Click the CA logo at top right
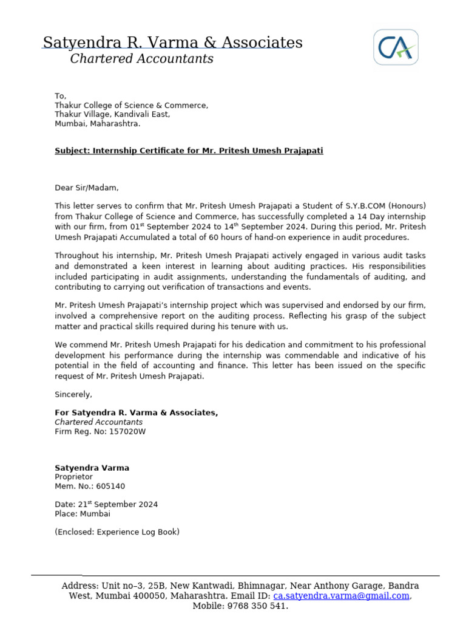click(396, 47)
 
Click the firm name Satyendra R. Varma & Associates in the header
click(172, 43)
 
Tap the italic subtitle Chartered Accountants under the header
click(141, 59)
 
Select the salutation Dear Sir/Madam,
click(87, 188)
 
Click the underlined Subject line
click(189, 151)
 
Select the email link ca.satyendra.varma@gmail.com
click(341, 596)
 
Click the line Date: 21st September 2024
click(106, 504)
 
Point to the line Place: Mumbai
click(83, 513)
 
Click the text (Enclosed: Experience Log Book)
click(117, 532)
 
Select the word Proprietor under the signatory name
click(75, 477)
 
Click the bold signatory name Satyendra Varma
click(92, 468)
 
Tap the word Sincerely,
click(73, 394)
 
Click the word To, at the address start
click(60, 96)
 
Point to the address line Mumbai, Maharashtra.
click(97, 123)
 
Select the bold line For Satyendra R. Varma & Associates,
click(136, 412)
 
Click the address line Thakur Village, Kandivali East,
click(112, 114)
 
